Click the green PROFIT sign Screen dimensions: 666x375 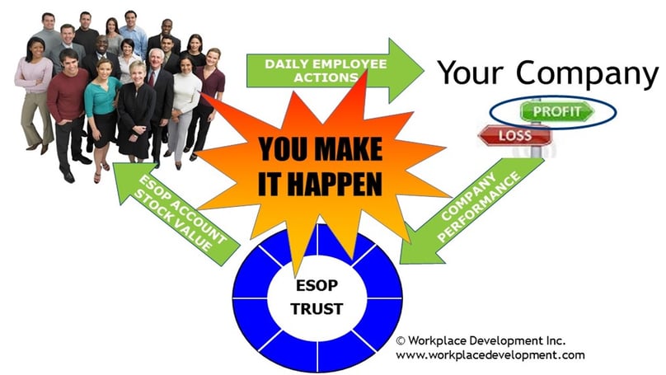click(557, 112)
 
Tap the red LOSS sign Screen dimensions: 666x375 click(515, 136)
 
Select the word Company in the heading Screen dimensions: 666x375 click(587, 73)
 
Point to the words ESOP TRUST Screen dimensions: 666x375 click(317, 297)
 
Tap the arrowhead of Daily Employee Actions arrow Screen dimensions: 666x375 click(406, 71)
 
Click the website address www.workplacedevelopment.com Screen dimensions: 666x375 click(490, 355)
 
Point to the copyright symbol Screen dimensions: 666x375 click(401, 340)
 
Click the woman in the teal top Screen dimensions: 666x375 click(101, 115)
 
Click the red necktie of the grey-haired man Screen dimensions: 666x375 click(152, 78)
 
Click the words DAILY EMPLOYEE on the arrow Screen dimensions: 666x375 click(326, 64)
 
